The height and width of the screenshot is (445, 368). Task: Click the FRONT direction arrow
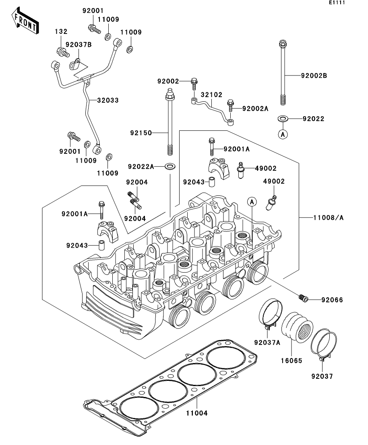(25, 21)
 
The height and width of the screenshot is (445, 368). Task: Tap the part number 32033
(108, 100)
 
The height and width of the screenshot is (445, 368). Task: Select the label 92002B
(314, 75)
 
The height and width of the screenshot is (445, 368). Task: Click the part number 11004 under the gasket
(196, 413)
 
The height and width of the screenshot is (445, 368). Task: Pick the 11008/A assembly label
(328, 218)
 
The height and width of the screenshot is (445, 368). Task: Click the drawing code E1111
(337, 2)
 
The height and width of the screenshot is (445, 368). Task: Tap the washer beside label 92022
(283, 118)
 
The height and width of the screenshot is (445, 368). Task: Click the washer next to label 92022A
(170, 166)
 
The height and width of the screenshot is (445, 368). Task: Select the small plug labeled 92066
(304, 298)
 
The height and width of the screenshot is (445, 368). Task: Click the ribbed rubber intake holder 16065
(297, 326)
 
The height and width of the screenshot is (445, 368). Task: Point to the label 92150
(141, 133)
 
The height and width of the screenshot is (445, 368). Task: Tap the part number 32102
(211, 94)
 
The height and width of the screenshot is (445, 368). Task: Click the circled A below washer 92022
(283, 134)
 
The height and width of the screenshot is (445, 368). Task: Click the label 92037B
(79, 44)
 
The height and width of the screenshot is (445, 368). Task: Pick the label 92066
(332, 300)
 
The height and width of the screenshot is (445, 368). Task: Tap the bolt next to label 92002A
(231, 105)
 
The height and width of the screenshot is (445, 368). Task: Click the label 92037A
(267, 343)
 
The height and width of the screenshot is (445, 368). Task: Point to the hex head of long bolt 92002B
(283, 44)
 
